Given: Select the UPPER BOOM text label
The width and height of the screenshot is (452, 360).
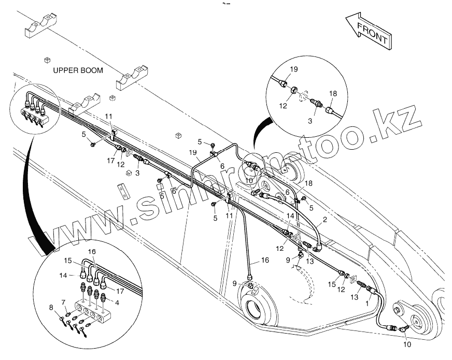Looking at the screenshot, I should pyautogui.click(x=78, y=70).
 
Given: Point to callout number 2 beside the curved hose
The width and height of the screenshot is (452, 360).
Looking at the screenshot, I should pyautogui.click(x=324, y=219).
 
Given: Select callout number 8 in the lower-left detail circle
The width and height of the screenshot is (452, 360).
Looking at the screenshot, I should pyautogui.click(x=51, y=308).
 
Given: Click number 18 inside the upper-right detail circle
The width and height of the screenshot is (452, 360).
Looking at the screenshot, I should pyautogui.click(x=333, y=94).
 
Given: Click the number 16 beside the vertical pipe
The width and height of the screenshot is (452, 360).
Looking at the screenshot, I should pyautogui.click(x=265, y=261).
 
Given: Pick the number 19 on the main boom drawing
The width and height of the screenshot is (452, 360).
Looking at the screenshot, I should pyautogui.click(x=193, y=153).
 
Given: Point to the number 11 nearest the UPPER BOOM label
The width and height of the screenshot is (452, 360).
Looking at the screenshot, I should pyautogui.click(x=108, y=116).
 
